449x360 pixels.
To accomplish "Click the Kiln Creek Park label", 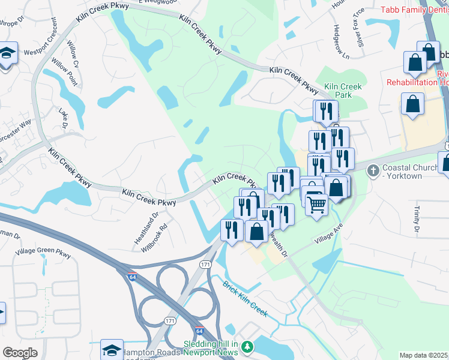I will [x=343, y=91].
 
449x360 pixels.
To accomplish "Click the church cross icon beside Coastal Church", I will [x=373, y=171].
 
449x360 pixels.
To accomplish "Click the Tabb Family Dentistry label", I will [x=414, y=11].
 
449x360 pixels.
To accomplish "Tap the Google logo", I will [x=20, y=352].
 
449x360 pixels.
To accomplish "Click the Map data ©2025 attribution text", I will [x=423, y=355].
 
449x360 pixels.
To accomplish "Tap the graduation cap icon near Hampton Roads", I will [x=112, y=350].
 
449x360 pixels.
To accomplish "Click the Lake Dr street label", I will [x=62, y=118].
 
